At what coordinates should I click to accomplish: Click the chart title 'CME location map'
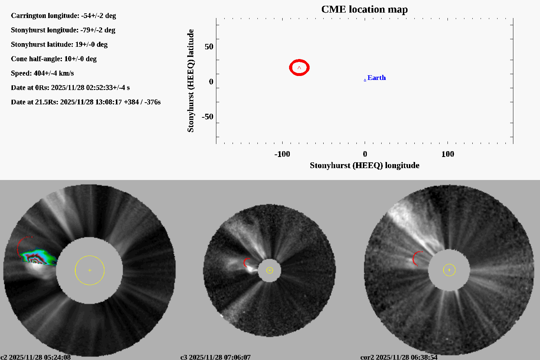[x=364, y=9]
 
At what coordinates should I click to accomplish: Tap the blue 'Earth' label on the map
[x=376, y=78]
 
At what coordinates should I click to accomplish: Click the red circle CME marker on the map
[x=299, y=68]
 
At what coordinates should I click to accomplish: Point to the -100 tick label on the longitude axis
[x=282, y=154]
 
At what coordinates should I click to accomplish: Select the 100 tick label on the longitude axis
[x=447, y=154]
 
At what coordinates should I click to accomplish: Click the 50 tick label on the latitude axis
[x=209, y=47]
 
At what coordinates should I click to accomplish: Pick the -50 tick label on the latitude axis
[x=207, y=117]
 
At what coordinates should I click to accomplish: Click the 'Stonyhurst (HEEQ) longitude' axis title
[x=364, y=166]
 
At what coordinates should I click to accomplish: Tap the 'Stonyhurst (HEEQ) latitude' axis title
[x=190, y=81]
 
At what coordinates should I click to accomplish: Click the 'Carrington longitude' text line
[x=63, y=16]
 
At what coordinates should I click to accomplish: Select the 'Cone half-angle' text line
[x=54, y=59]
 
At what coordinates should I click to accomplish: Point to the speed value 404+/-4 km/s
[x=54, y=73]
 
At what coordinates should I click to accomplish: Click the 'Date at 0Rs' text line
[x=70, y=88]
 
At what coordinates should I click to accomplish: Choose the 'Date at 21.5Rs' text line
[x=86, y=102]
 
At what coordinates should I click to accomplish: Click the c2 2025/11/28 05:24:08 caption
[x=36, y=357]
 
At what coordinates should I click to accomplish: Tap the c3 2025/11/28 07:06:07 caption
[x=215, y=357]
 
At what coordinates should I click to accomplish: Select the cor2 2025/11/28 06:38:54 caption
[x=399, y=357]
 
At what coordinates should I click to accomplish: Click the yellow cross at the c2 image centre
[x=90, y=270]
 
